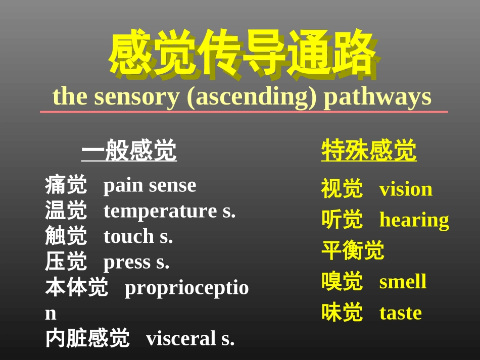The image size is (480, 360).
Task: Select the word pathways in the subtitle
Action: [x=377, y=96]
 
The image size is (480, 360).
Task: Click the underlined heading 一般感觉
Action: [x=129, y=151]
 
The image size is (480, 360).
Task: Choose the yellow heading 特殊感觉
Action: [x=369, y=151]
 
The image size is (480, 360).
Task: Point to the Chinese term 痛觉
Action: [x=66, y=185]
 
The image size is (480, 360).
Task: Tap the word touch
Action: [x=129, y=236]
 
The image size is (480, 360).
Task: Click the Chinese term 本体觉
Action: [x=76, y=288]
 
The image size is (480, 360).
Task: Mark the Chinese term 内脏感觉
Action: [x=87, y=338]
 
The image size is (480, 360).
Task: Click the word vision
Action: [x=406, y=189]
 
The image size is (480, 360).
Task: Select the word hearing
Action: [x=414, y=220]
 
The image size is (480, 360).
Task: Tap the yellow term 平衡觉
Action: [x=353, y=251]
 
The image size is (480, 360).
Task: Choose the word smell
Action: [x=403, y=282]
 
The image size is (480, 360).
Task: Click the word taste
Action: [x=400, y=313]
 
